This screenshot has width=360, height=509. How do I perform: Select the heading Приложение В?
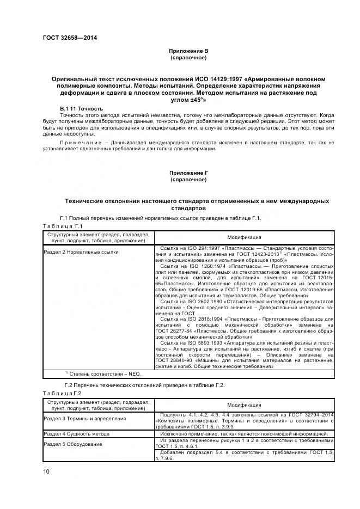pos(188,51)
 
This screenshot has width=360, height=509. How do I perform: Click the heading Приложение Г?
pos(188,173)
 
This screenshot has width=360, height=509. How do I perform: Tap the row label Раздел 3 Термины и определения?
pos(84,419)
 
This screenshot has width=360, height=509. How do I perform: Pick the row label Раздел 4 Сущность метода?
pos(80,433)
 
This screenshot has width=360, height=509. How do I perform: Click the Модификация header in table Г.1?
pos(243,237)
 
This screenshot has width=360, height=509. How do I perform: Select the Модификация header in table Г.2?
pos(243,405)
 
